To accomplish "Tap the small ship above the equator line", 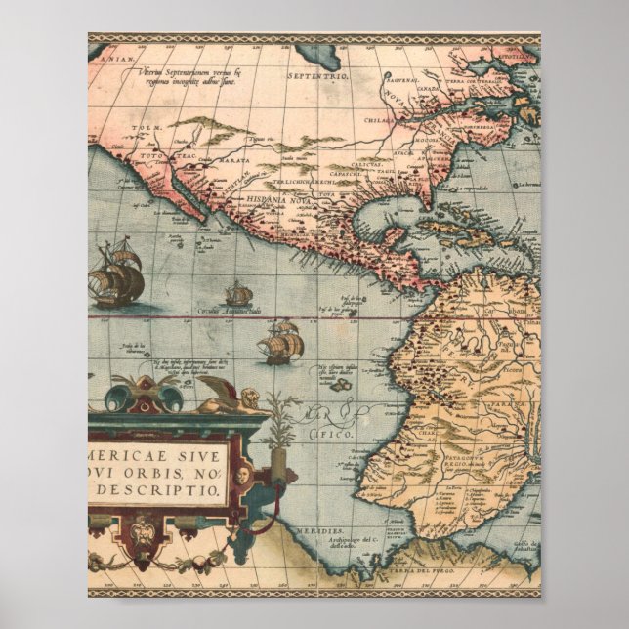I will coord(238,293).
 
